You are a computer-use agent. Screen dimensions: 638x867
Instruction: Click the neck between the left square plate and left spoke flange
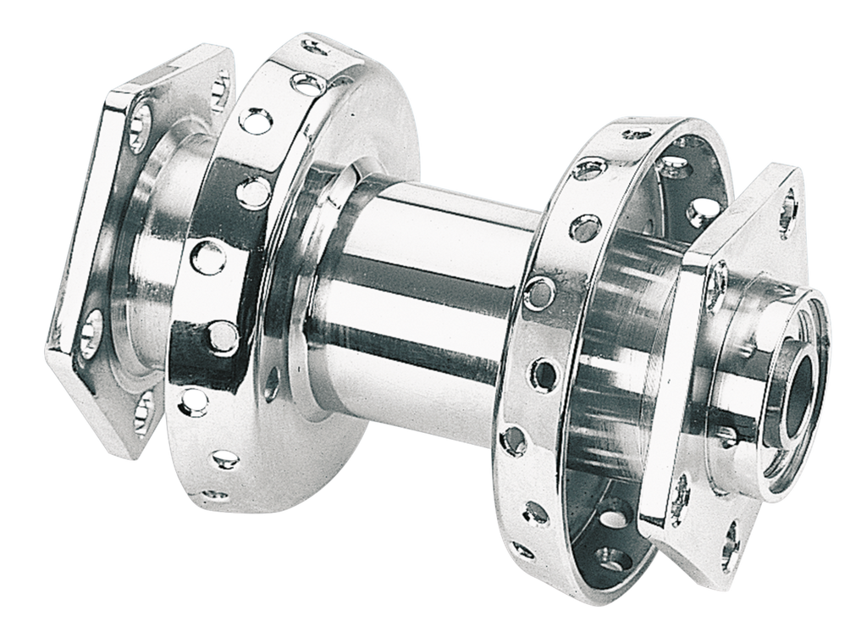click(157, 254)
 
